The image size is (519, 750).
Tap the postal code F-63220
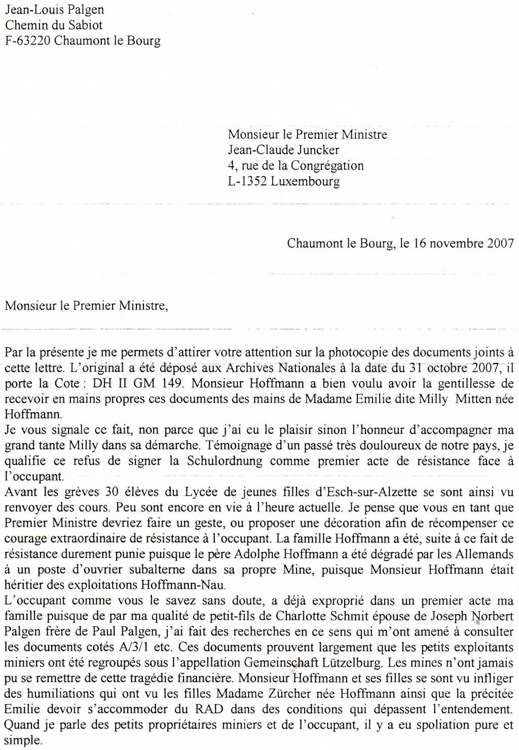(27, 41)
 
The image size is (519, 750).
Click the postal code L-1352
(247, 181)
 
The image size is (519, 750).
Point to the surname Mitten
(474, 399)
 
